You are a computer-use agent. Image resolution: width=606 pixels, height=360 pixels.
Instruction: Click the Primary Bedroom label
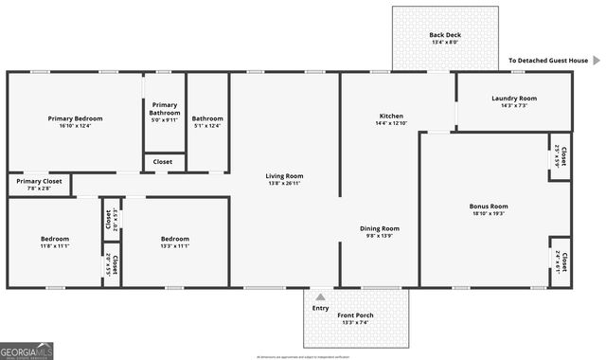coord(75,118)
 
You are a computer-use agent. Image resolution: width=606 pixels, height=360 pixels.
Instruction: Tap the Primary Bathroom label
coord(164,109)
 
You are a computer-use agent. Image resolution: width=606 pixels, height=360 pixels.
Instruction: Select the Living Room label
coord(284,176)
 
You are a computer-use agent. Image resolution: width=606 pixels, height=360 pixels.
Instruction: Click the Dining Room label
coord(379,228)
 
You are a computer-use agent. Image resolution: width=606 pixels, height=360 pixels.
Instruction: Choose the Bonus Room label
coord(489,206)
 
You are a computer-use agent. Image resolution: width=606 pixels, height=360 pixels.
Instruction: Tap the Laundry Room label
coord(514,99)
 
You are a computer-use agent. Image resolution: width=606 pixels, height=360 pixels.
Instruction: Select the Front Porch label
coord(357,315)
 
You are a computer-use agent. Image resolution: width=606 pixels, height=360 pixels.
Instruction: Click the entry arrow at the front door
coord(321,296)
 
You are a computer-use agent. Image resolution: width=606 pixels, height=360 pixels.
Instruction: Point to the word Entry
coord(321,308)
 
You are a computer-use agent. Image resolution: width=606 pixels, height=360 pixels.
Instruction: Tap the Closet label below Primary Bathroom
coord(163,162)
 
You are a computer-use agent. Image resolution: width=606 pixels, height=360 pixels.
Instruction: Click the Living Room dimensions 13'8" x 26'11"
coord(284,184)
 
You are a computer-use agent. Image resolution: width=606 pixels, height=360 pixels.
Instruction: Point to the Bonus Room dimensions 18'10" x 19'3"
coord(489,213)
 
